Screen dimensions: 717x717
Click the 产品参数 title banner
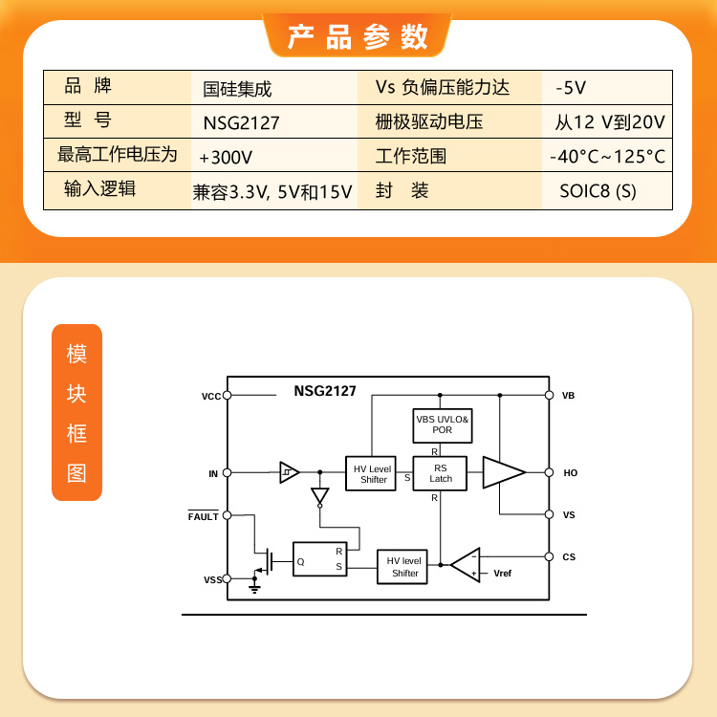(358, 35)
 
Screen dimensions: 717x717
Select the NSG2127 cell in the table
(241, 122)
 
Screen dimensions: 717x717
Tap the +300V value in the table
(226, 158)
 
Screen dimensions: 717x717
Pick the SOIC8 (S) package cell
(597, 191)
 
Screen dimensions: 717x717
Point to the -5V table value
(571, 88)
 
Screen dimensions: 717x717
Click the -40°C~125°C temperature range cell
(607, 157)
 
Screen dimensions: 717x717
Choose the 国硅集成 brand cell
(237, 89)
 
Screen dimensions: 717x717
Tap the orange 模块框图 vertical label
(76, 412)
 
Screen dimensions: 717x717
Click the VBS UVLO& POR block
(443, 425)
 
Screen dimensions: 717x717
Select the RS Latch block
(440, 473)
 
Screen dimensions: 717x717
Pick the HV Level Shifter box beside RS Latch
(370, 473)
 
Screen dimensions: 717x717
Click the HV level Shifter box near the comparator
(402, 567)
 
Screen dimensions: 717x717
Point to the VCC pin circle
(227, 395)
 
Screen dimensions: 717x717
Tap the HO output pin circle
(549, 472)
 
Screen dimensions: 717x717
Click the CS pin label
(569, 557)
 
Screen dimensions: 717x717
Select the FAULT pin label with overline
(203, 516)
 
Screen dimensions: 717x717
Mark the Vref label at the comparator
(503, 574)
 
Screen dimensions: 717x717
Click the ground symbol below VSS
(254, 588)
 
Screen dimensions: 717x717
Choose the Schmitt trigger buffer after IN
(290, 472)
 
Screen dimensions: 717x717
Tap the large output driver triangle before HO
(504, 472)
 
